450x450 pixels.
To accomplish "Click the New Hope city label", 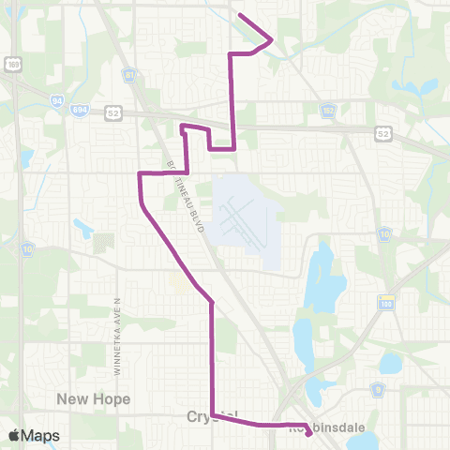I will click(93, 398).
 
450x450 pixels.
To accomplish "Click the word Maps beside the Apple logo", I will click(42, 436).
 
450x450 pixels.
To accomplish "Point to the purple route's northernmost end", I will click(242, 15).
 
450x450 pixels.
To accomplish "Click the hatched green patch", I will click(102, 246).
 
